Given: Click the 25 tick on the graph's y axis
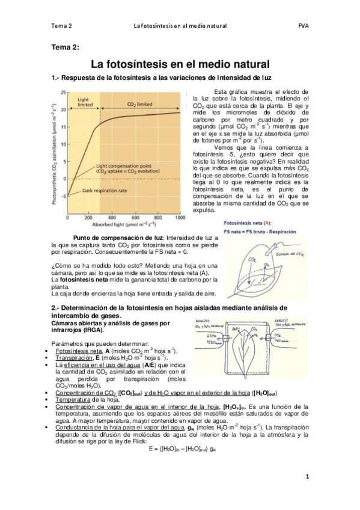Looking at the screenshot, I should click(62, 91).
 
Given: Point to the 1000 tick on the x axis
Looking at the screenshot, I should click(179, 218).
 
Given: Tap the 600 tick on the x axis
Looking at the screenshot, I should click(135, 218).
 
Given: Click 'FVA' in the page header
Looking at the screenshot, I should click(303, 26).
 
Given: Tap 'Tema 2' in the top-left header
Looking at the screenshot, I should click(61, 26).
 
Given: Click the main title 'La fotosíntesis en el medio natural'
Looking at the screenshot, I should click(180, 64).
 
